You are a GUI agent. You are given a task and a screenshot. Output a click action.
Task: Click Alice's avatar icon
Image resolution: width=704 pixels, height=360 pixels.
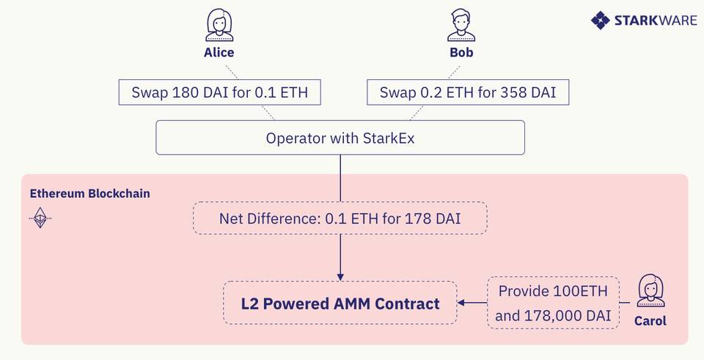pyautogui.click(x=219, y=26)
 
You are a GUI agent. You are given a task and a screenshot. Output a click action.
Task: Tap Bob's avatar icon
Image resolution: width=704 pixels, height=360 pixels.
pyautogui.click(x=460, y=26)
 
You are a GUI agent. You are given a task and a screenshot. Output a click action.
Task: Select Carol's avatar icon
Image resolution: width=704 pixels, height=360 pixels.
pyautogui.click(x=650, y=291)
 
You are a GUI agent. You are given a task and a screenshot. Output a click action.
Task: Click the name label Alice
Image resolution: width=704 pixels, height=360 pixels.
pyautogui.click(x=219, y=53)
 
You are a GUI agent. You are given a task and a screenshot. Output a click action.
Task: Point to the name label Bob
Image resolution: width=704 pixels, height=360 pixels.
pyautogui.click(x=461, y=53)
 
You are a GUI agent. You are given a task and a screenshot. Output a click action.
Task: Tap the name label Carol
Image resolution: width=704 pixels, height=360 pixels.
pyautogui.click(x=650, y=321)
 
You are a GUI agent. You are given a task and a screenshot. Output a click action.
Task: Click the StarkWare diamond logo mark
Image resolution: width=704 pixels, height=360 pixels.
pyautogui.click(x=600, y=20)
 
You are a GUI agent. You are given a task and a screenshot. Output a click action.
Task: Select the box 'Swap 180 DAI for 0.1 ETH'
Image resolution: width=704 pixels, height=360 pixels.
pyautogui.click(x=219, y=92)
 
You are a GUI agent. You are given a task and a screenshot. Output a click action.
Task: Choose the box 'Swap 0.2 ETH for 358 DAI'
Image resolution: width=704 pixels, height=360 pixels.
pyautogui.click(x=467, y=92)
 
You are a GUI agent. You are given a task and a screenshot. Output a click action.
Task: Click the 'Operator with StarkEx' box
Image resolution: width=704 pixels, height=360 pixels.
pyautogui.click(x=340, y=138)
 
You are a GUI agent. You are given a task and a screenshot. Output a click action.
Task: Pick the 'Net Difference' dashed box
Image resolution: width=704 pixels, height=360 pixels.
pyautogui.click(x=340, y=218)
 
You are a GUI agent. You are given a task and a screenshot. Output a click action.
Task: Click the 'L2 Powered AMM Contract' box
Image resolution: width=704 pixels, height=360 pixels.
pyautogui.click(x=340, y=303)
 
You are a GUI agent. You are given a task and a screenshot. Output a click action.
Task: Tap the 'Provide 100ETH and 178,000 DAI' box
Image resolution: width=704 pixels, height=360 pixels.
pyautogui.click(x=553, y=303)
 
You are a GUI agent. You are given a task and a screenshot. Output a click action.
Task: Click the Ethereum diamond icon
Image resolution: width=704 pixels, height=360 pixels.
pyautogui.click(x=40, y=218)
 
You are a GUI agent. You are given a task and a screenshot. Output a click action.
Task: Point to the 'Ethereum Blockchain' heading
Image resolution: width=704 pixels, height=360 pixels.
pyautogui.click(x=89, y=194)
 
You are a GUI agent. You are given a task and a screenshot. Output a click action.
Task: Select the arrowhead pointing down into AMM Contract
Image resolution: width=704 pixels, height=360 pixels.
pyautogui.click(x=340, y=274)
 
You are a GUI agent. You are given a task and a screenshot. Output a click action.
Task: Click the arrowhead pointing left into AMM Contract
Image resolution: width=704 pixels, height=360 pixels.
pyautogui.click(x=462, y=303)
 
